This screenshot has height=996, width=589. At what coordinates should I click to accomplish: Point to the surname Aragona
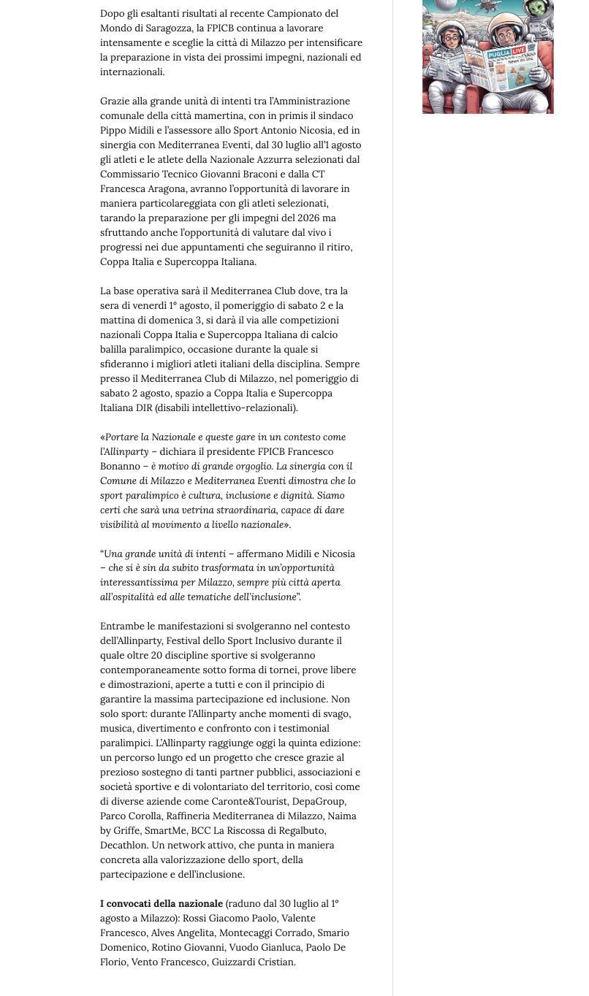[164, 189]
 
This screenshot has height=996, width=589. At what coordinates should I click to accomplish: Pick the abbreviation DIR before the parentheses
[144, 408]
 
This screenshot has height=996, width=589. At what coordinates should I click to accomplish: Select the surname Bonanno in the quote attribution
[120, 467]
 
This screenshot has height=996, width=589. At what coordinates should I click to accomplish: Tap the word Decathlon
[123, 846]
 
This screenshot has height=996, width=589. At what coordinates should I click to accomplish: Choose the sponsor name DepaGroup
[319, 802]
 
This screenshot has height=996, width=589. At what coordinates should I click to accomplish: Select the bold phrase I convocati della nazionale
[161, 904]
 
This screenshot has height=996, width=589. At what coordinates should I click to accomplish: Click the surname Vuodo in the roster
[245, 948]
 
